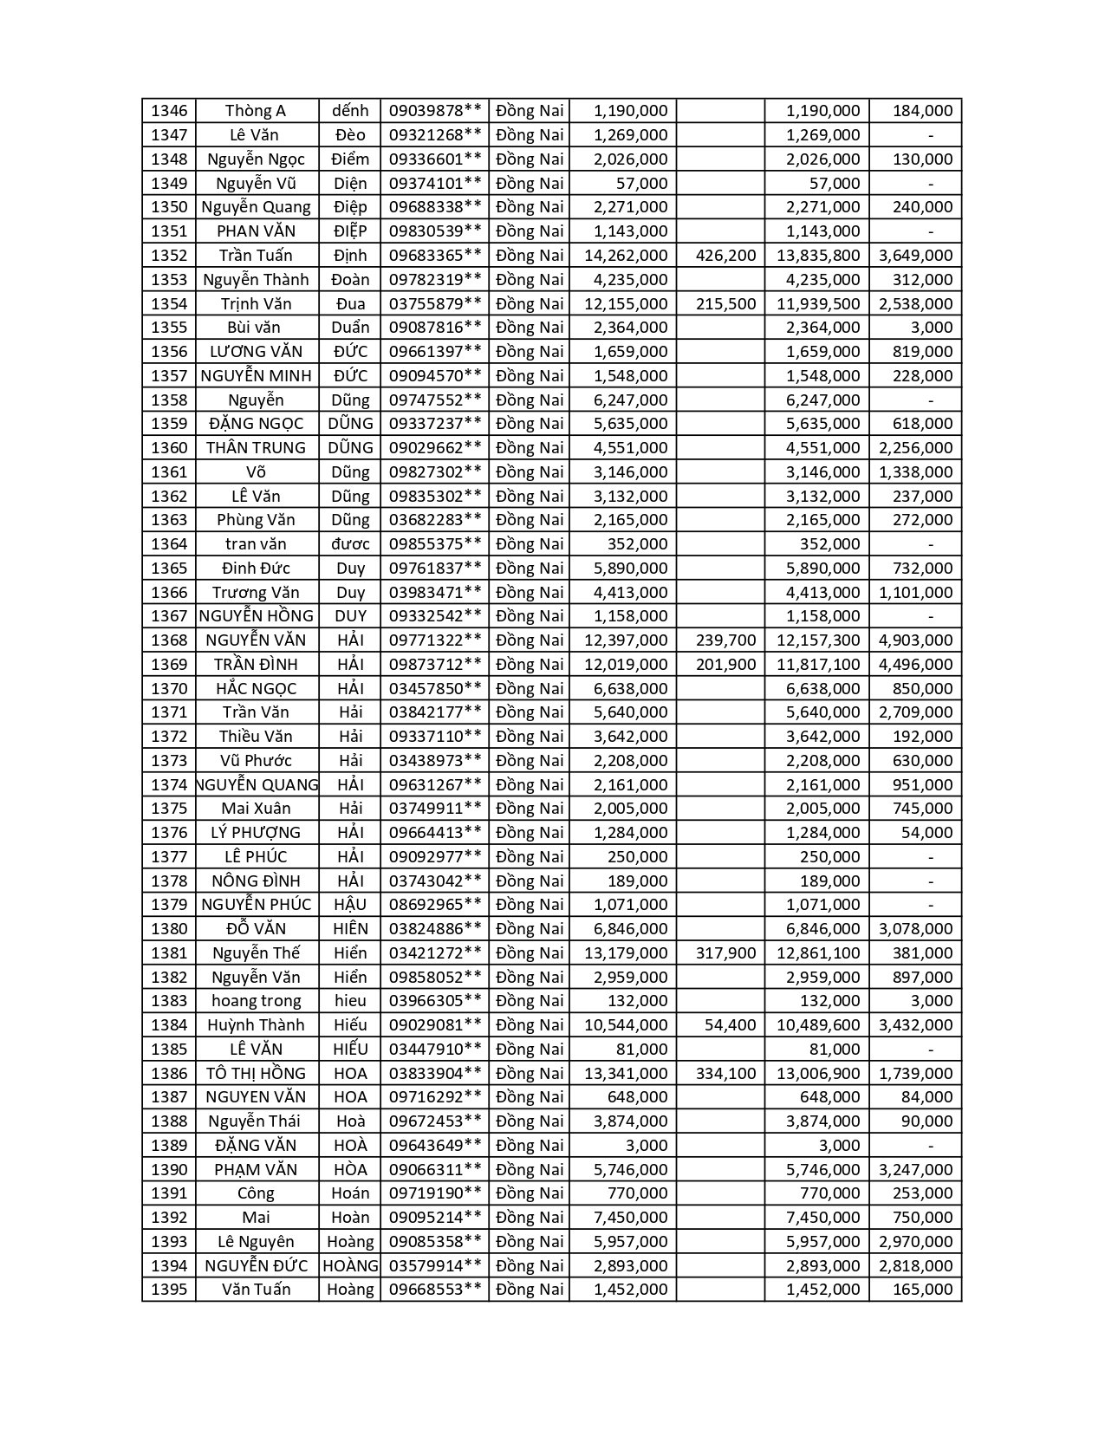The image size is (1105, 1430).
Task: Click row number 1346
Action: [169, 111]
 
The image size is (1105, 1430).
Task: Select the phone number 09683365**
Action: [435, 256]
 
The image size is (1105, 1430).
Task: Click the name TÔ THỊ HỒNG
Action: [256, 1074]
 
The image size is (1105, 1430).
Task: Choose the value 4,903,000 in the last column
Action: [915, 640]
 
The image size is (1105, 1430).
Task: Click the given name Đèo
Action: [350, 135]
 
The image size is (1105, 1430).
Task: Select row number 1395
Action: [169, 1290]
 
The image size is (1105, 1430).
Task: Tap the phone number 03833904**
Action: [435, 1074]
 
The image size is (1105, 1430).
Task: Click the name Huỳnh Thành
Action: [256, 1025]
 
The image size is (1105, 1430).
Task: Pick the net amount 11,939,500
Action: [818, 304]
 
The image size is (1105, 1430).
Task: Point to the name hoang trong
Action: [256, 1001]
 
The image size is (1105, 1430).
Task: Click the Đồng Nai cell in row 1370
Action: [529, 689]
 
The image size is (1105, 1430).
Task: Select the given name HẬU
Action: [350, 905]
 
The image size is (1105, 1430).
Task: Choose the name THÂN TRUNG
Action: [256, 448]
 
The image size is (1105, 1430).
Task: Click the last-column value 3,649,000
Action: [915, 256]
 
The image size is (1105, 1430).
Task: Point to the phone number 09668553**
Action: [435, 1290]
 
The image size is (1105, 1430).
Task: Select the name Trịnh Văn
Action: [256, 304]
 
